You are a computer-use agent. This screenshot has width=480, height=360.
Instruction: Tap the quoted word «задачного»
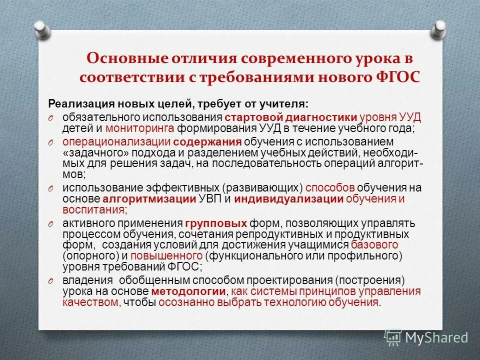tap(89, 152)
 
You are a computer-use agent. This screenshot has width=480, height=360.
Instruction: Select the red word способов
tap(329, 188)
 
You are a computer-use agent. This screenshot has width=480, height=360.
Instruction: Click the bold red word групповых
tap(215, 223)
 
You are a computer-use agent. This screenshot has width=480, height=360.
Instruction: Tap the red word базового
tap(374, 244)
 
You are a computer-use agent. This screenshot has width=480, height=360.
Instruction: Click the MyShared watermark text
tap(436, 337)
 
